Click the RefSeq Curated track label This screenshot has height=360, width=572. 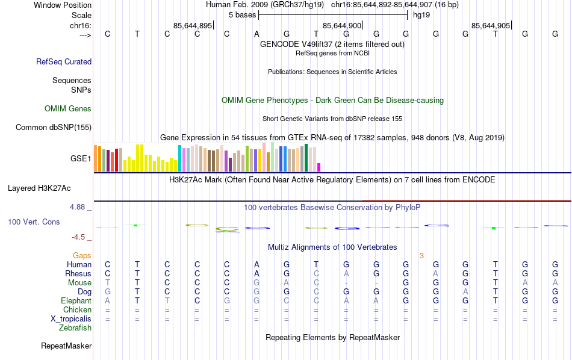pos(64,61)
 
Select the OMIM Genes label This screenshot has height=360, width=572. pos(68,109)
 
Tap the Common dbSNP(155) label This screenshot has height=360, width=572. pos(54,127)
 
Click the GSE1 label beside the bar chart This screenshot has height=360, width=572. pos(81,159)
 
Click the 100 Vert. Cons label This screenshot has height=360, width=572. pos(34,222)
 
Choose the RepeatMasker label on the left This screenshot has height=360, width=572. pos(66,346)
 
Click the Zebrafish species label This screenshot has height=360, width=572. pos(75,328)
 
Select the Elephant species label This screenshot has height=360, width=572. pos(76,301)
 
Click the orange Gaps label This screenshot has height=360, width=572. pos(82,256)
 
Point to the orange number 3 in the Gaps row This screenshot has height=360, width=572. pos(421,256)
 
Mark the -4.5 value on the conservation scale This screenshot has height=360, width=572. pos(78,237)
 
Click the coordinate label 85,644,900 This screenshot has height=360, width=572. pos(342,25)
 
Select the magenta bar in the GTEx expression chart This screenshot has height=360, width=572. pos(319,167)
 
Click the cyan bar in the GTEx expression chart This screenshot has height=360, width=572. pos(179,158)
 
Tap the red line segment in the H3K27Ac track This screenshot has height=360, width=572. pos(467,199)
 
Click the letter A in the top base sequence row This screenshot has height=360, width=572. pos(256,34)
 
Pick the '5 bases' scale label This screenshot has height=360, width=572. pos(242,14)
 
